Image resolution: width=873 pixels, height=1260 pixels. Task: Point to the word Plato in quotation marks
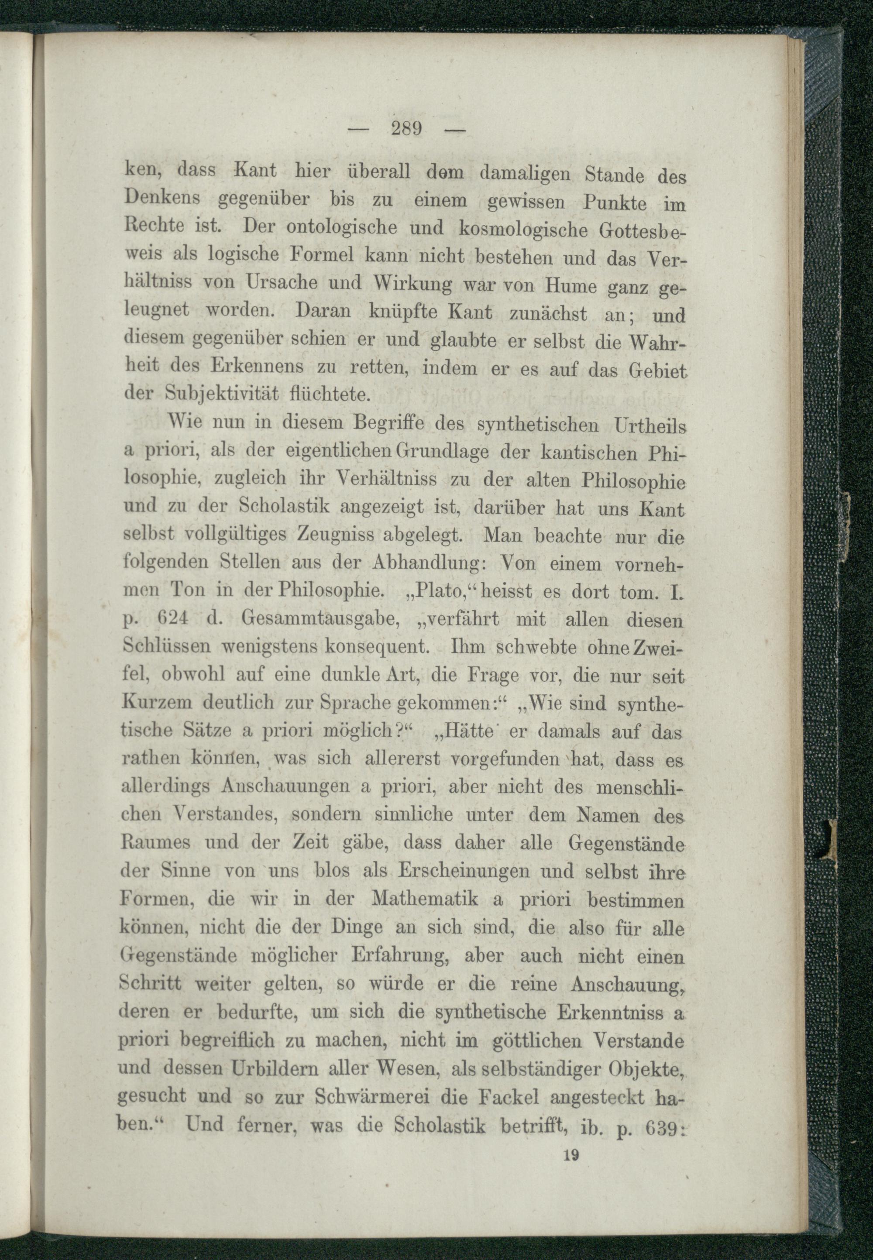click(447, 591)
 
